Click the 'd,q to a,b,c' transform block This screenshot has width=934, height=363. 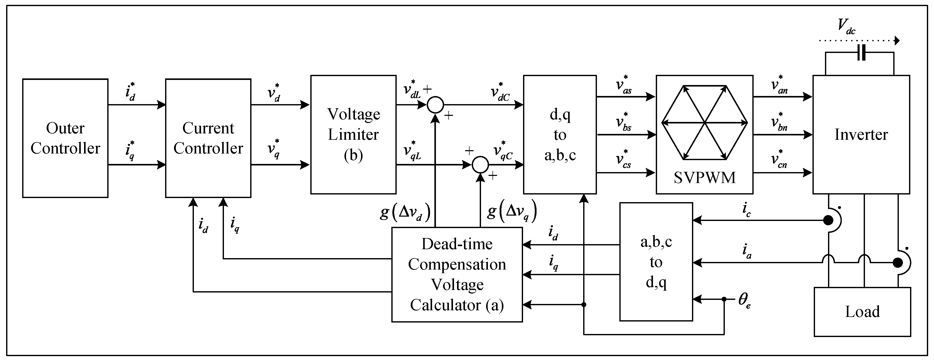[x=560, y=135]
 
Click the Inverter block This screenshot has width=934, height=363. [x=861, y=135]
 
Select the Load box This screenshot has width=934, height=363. [x=862, y=312]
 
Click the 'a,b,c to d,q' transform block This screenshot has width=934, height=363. [x=656, y=262]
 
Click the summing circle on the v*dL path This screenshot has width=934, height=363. [x=435, y=105]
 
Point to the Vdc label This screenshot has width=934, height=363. [x=846, y=26]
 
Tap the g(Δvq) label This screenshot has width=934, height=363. [x=512, y=211]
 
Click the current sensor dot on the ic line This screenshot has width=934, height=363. [x=828, y=220]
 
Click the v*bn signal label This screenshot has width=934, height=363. [x=779, y=122]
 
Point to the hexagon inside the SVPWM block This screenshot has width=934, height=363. [x=704, y=122]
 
